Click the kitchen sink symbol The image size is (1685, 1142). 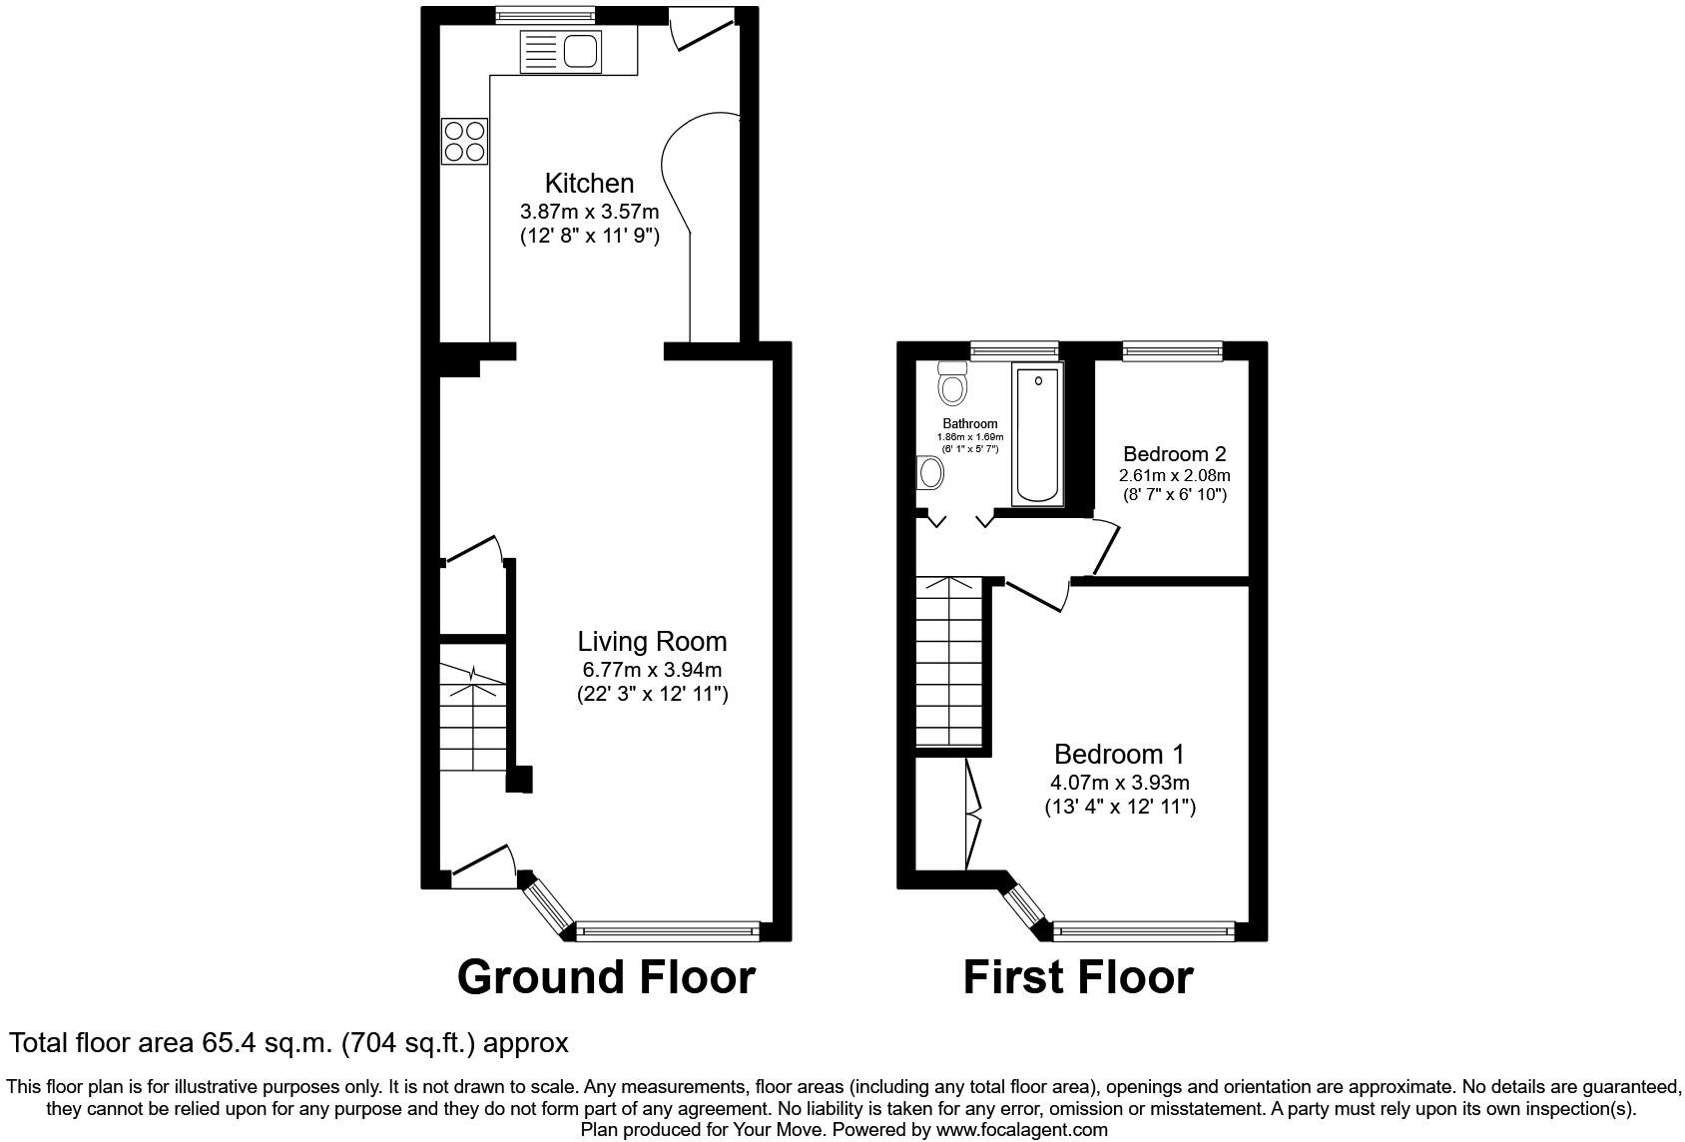[561, 51]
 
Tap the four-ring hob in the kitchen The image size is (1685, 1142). [465, 141]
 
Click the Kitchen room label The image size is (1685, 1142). [589, 184]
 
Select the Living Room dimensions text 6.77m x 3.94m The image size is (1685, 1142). [652, 669]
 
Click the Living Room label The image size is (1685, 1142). [652, 642]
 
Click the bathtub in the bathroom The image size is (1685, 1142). [1037, 434]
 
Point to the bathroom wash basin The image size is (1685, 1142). [929, 472]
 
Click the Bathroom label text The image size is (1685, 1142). [969, 424]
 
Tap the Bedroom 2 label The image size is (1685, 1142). [1174, 454]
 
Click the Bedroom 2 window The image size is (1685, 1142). [1172, 349]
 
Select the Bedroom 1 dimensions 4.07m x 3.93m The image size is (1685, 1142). [1120, 784]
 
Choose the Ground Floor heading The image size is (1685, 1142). [606, 976]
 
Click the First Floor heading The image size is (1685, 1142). [1077, 977]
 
